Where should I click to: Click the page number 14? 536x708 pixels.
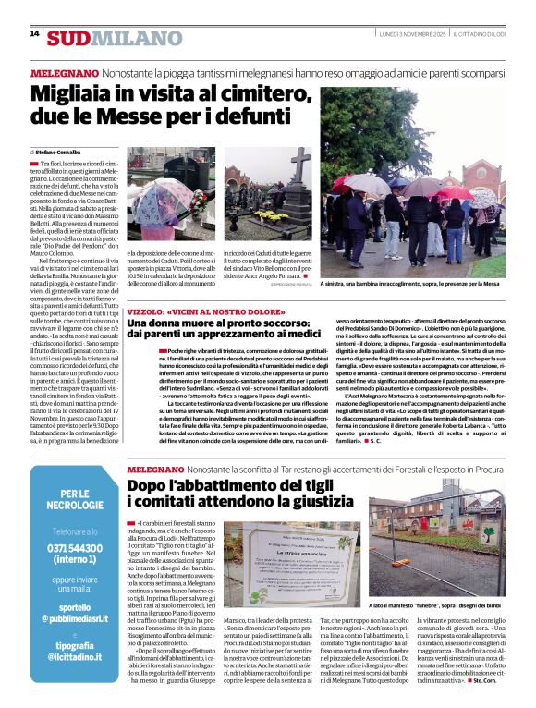coord(34,33)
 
